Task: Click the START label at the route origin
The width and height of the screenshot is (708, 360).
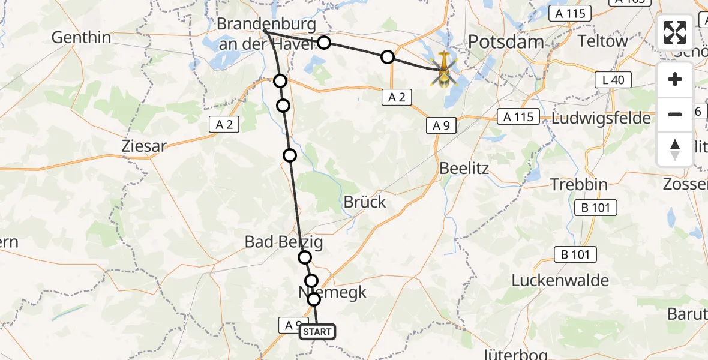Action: coord(316,332)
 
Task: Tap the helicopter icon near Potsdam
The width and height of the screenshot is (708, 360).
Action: coord(444,69)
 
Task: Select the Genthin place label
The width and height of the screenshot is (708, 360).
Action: coord(82,38)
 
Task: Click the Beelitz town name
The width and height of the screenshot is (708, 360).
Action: coord(464,168)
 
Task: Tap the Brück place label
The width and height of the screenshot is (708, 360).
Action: coord(365,202)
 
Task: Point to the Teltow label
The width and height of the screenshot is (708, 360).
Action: coord(602,41)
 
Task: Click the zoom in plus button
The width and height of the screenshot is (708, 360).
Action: coord(675,79)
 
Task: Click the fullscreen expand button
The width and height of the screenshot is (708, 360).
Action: coord(675,32)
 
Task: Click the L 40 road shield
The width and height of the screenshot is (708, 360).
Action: coord(613,79)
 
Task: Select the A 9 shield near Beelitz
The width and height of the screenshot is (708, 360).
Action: coord(442,125)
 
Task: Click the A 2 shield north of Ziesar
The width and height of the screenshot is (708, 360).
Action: coord(224,124)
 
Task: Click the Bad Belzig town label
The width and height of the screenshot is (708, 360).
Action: coord(284,242)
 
